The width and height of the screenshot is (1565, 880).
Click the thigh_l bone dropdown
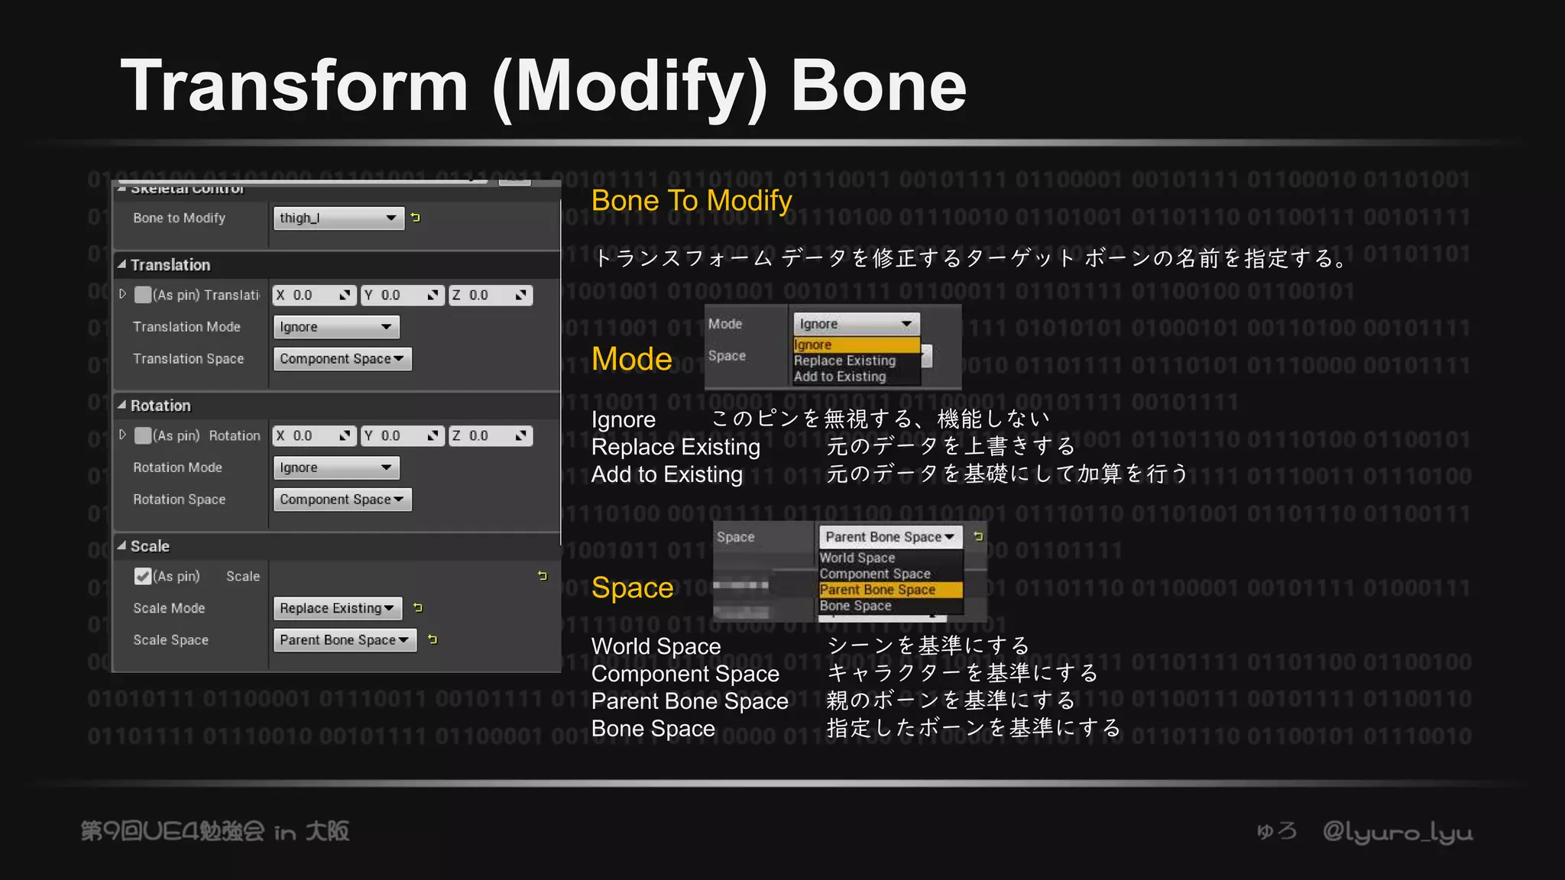pyautogui.click(x=338, y=218)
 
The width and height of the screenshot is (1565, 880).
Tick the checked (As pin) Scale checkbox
pyautogui.click(x=143, y=576)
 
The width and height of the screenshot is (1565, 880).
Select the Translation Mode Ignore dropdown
pyautogui.click(x=336, y=327)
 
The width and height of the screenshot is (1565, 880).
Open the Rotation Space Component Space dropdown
pyautogui.click(x=342, y=500)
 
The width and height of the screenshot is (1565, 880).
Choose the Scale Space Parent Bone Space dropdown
pyautogui.click(x=345, y=640)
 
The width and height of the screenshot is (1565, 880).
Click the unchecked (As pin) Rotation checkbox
pyautogui.click(x=143, y=435)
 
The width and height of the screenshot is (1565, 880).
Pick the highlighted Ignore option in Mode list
pyautogui.click(x=855, y=345)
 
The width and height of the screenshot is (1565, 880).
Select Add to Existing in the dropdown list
pyautogui.click(x=840, y=377)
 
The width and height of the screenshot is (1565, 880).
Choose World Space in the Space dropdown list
pyautogui.click(x=857, y=558)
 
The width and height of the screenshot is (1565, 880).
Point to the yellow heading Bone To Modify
pyautogui.click(x=691, y=200)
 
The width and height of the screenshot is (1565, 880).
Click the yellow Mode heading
pyautogui.click(x=631, y=359)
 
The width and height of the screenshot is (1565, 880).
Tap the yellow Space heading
pyautogui.click(x=632, y=587)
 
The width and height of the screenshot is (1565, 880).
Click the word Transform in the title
pyautogui.click(x=294, y=86)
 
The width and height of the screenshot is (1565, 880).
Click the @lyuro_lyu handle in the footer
pyautogui.click(x=1397, y=832)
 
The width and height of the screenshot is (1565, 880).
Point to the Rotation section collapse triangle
pyautogui.click(x=122, y=406)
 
